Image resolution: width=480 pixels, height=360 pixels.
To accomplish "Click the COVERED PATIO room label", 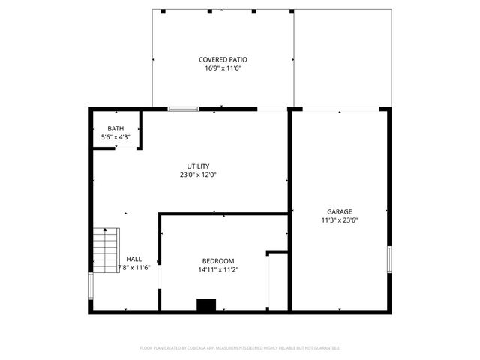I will tap(223, 59).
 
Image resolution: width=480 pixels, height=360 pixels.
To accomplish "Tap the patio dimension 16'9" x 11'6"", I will tap(223, 68).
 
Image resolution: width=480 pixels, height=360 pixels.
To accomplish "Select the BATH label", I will tap(115, 129).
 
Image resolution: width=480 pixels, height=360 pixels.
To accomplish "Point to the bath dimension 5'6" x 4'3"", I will tap(115, 137).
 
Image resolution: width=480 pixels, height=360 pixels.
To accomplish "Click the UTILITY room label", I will tap(198, 166).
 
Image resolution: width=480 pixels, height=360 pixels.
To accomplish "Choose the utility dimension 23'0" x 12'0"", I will tap(198, 175).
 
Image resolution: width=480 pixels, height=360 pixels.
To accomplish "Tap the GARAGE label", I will tap(339, 211).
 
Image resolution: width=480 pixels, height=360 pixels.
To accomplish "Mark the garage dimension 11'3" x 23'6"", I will tap(339, 220).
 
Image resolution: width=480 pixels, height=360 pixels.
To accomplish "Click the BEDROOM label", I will tap(218, 260).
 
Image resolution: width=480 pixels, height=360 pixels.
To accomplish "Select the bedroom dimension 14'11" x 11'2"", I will tap(218, 268).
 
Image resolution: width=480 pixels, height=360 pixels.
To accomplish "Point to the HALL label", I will tap(133, 259).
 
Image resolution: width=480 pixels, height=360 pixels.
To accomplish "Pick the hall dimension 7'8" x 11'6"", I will tap(134, 268).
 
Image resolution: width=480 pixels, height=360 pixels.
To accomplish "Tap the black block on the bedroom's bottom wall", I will tap(205, 304).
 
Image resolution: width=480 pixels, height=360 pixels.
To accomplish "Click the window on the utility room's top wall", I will tap(183, 109).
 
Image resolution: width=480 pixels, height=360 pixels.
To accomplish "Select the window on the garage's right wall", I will tap(388, 259).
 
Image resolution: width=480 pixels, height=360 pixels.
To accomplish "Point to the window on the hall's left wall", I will tap(91, 285).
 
